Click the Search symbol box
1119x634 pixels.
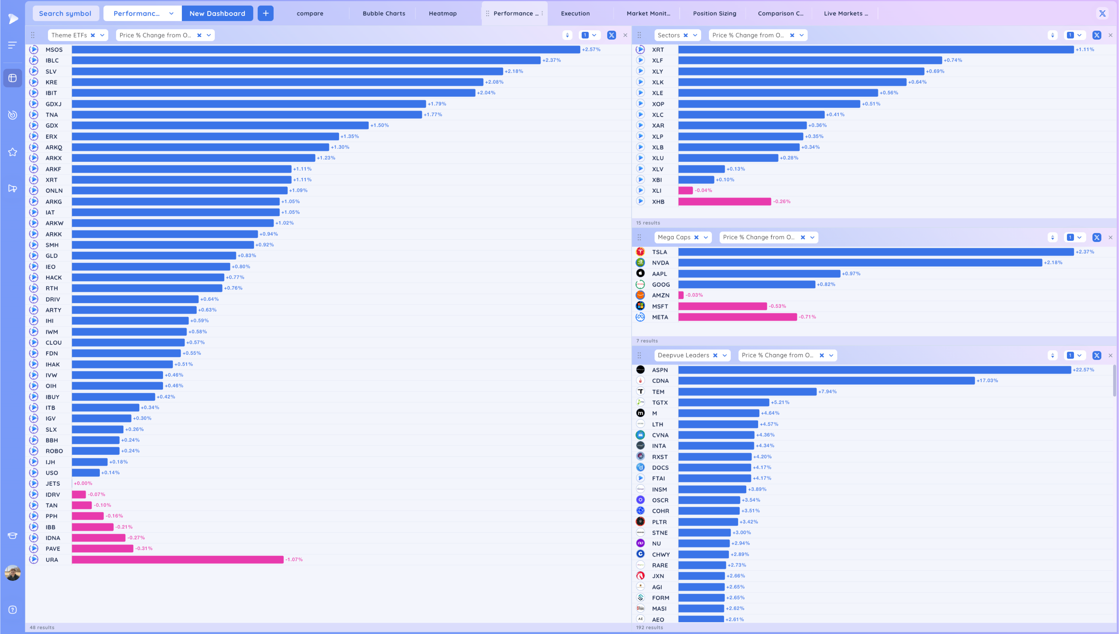(65, 13)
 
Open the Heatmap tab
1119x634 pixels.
(443, 13)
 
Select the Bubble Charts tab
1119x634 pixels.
(384, 13)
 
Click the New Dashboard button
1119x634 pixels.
(217, 13)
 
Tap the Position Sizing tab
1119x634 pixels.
(714, 13)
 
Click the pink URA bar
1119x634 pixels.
(178, 560)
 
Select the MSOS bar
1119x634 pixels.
(326, 50)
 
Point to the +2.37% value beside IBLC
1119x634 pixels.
(551, 60)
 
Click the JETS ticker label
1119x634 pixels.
(53, 483)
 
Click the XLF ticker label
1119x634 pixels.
(657, 60)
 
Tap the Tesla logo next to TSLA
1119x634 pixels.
(640, 252)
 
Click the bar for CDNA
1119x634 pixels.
(826, 381)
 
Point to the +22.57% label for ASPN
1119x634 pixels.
(1083, 370)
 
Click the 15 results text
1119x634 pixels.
(648, 223)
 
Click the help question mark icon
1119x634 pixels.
(13, 610)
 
